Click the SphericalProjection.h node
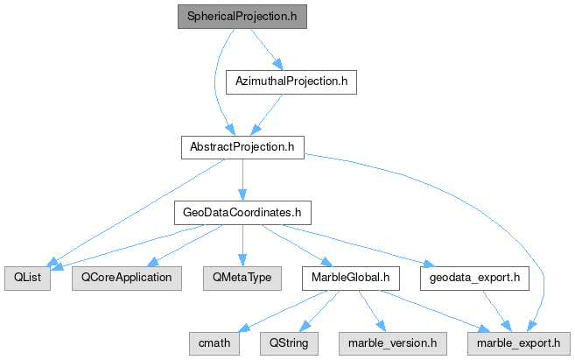[x=242, y=17]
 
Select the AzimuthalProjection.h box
[x=291, y=81]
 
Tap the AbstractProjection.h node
[x=242, y=146]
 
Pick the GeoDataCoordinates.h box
[x=242, y=212]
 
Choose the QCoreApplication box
[x=126, y=278]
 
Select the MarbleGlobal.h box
[x=350, y=278]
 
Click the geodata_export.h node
[x=474, y=278]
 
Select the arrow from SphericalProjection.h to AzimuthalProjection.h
[x=265, y=48]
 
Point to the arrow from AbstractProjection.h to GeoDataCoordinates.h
[x=242, y=180]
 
